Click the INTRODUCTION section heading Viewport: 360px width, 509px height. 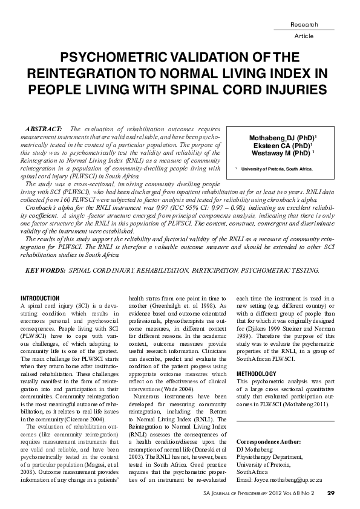[40, 298]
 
